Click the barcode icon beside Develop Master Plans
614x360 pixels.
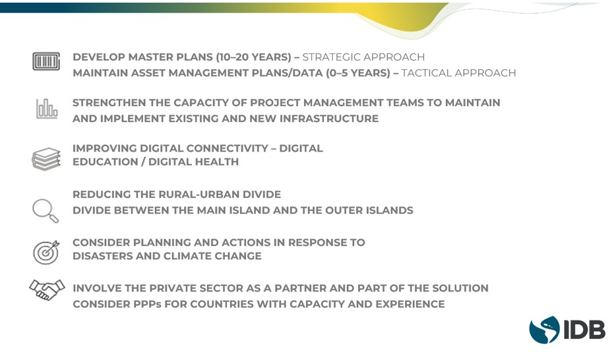(x=46, y=61)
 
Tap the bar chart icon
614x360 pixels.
(x=47, y=108)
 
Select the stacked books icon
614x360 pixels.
(x=46, y=160)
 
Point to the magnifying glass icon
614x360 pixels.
(x=46, y=211)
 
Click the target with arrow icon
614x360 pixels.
(x=46, y=253)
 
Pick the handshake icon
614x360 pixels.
(x=47, y=289)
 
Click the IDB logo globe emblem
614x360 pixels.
(x=544, y=330)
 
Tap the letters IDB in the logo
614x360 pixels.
(x=584, y=330)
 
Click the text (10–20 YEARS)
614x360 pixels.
(x=254, y=57)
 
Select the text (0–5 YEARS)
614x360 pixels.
(x=358, y=73)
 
